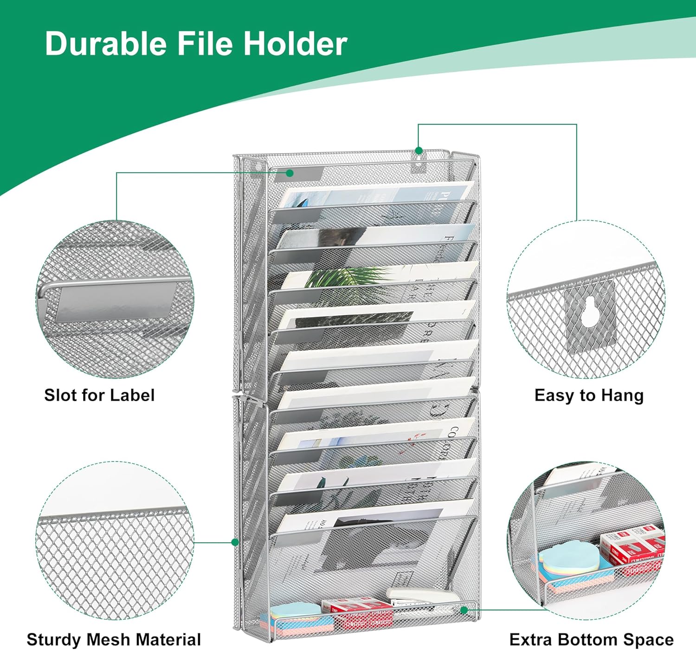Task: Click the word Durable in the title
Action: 106,44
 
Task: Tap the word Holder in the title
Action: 296,44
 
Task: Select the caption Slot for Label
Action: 99,395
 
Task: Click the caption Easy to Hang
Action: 589,395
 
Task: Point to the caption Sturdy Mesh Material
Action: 114,639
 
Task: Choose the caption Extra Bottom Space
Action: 592,639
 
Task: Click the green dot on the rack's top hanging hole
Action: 419,150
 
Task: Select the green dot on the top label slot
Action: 290,173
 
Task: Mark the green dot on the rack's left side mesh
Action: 235,542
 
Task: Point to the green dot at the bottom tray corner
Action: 464,610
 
